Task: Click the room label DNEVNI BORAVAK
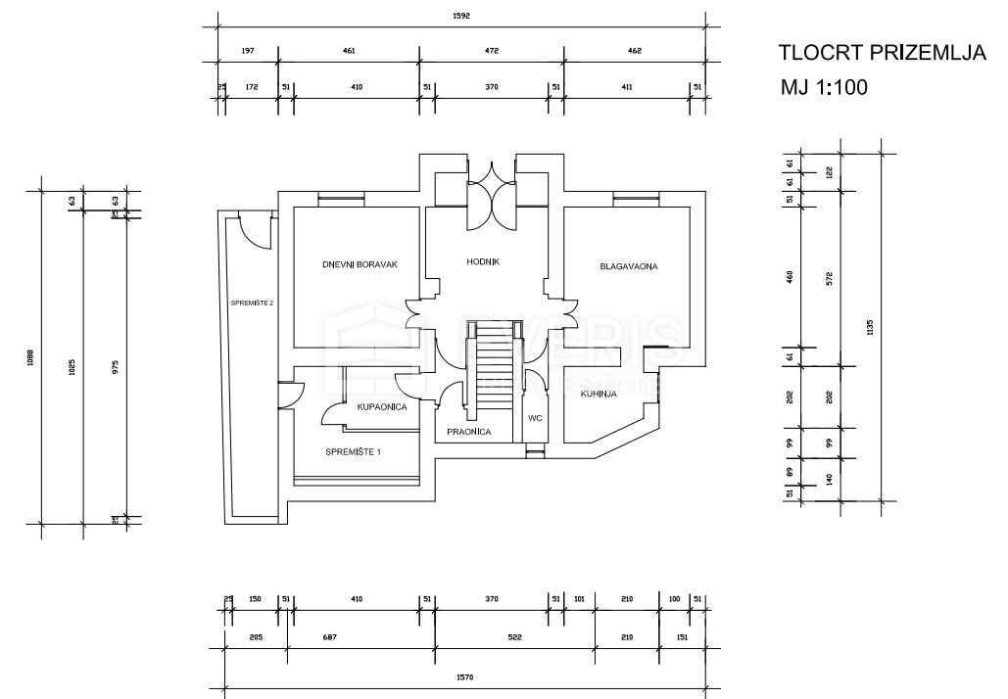[x=359, y=264]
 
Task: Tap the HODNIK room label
[x=484, y=262]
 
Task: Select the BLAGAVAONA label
[x=628, y=266]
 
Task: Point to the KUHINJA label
[x=598, y=394]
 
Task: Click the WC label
[x=535, y=418]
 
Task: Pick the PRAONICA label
[x=468, y=432]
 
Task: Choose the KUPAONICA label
[x=382, y=407]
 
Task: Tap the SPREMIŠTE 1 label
[x=353, y=451]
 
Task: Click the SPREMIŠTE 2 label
[x=252, y=303]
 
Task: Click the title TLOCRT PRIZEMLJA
[x=881, y=53]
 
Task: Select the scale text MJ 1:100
[x=823, y=87]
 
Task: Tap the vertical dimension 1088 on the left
[x=30, y=357]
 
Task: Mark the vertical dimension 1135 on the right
[x=871, y=328]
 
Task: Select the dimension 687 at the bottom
[x=356, y=638]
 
